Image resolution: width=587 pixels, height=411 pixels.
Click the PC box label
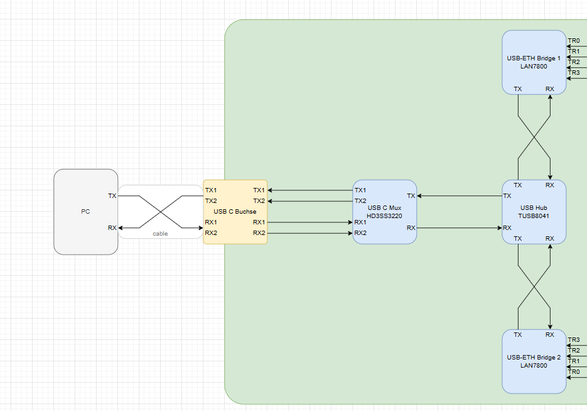pyautogui.click(x=85, y=212)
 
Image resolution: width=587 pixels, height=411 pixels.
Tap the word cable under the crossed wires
pyautogui.click(x=160, y=234)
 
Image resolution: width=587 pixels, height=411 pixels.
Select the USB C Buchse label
pyautogui.click(x=235, y=212)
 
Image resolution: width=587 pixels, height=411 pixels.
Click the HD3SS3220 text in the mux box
pyautogui.click(x=384, y=216)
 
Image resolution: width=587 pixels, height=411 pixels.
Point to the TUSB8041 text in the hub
pyautogui.click(x=534, y=215)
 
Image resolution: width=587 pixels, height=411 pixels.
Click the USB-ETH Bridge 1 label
pyautogui.click(x=534, y=58)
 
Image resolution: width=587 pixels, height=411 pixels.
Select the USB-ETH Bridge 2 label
pyautogui.click(x=534, y=358)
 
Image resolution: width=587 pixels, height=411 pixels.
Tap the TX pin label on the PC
pyautogui.click(x=112, y=196)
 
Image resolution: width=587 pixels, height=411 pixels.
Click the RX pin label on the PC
pyautogui.click(x=112, y=227)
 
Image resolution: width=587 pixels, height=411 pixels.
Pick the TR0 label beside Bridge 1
pyautogui.click(x=574, y=41)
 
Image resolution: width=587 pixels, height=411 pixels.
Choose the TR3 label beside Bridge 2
pyautogui.click(x=574, y=340)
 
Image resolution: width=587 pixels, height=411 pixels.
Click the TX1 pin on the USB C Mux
pyautogui.click(x=360, y=190)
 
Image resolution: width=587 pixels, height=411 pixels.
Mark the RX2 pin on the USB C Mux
pyautogui.click(x=360, y=233)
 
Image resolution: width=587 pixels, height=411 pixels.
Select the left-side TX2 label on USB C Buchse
pyautogui.click(x=211, y=201)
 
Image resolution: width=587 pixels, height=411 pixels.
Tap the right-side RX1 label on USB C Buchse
pyautogui.click(x=259, y=222)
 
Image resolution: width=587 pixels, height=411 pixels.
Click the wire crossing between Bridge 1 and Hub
pyautogui.click(x=534, y=137)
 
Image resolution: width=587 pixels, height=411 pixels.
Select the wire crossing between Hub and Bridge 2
pyautogui.click(x=534, y=287)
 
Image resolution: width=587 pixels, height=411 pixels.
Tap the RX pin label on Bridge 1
pyautogui.click(x=550, y=89)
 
